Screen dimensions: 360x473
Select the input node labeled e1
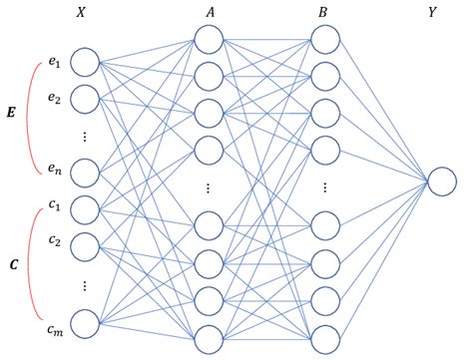[85, 64]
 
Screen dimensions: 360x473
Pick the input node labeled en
[85, 172]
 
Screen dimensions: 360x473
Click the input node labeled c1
[85, 208]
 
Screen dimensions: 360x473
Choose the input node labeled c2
[85, 243]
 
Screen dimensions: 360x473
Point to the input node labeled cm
[85, 321]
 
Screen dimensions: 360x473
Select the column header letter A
[209, 12]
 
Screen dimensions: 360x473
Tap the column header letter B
[324, 12]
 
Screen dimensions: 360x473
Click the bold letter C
[13, 265]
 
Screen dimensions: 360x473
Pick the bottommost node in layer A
[209, 336]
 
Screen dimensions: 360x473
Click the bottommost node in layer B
[324, 336]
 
